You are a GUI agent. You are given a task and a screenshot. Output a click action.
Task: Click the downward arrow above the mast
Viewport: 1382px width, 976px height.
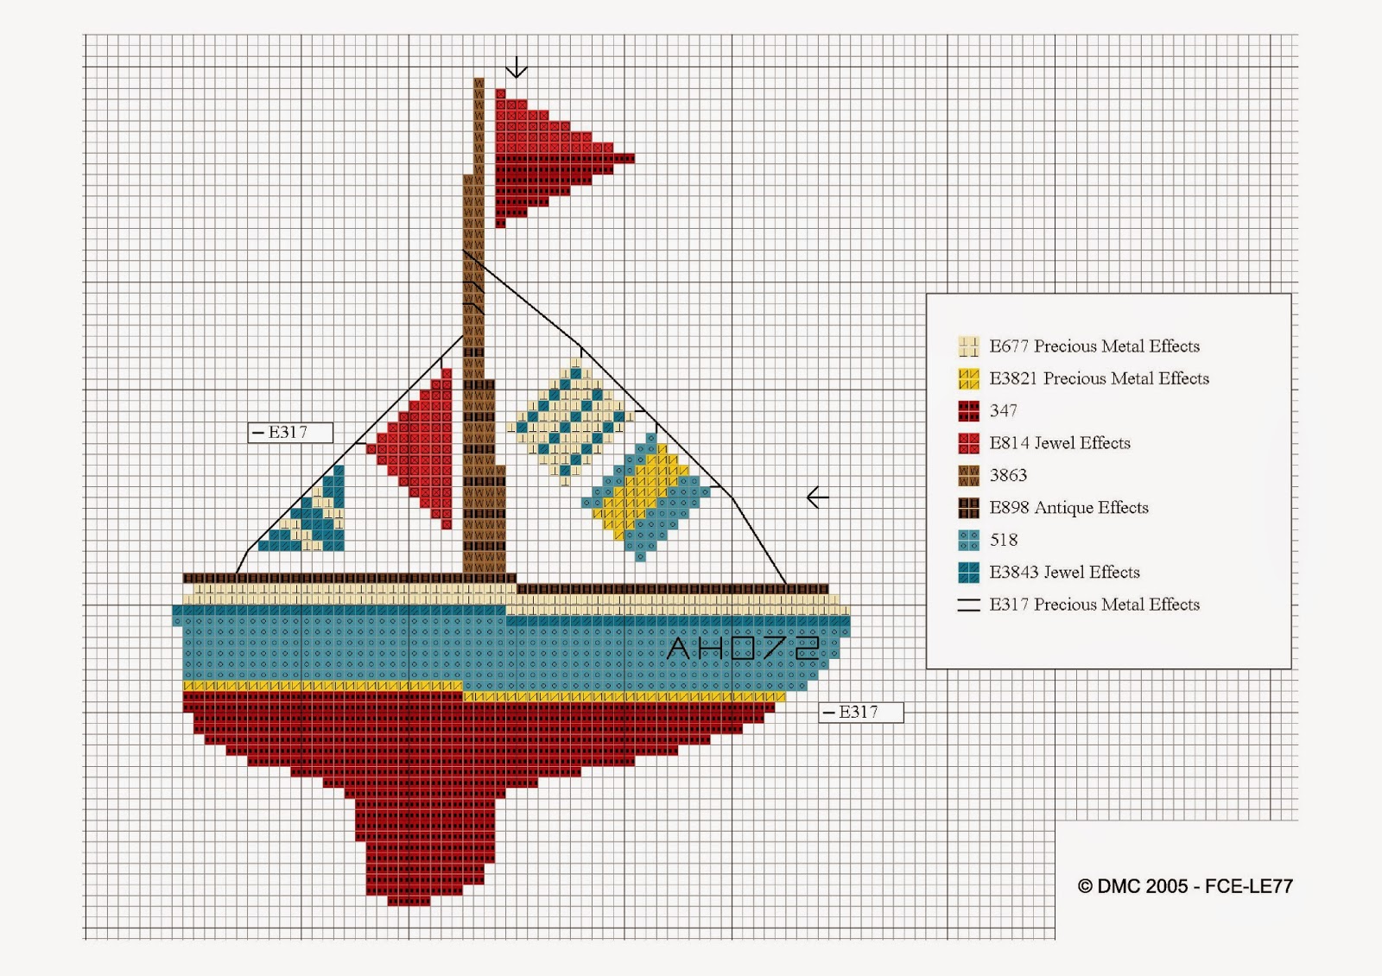tap(517, 67)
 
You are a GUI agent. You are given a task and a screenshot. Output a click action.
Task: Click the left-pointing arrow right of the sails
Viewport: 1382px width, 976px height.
tap(817, 497)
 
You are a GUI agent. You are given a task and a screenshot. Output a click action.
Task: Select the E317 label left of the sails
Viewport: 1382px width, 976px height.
tap(290, 433)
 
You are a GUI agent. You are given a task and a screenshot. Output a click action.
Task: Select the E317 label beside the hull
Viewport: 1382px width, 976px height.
tap(860, 712)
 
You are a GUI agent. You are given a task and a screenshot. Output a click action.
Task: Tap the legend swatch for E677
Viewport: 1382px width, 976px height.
tap(968, 346)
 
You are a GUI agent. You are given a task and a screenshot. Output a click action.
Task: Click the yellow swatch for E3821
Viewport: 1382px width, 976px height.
tap(968, 378)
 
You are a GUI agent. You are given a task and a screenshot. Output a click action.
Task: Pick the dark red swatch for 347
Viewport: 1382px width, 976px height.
tap(968, 411)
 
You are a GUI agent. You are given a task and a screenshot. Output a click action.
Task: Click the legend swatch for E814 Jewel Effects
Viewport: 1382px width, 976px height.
tap(968, 443)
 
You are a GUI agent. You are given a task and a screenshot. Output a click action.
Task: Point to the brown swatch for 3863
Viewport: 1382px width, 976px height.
tap(968, 475)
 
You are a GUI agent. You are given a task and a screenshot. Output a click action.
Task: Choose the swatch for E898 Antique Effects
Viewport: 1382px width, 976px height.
tap(968, 508)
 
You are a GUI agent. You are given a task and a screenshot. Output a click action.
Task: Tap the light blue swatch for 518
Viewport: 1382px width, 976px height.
tap(968, 540)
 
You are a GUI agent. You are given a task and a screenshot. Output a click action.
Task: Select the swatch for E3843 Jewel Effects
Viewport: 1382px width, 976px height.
tap(968, 572)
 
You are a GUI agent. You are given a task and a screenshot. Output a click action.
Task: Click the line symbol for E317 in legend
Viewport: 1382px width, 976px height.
tap(968, 605)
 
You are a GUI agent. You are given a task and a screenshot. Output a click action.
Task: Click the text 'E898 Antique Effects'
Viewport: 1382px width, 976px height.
tap(1068, 508)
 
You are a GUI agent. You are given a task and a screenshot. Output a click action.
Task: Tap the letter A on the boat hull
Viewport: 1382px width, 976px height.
tap(679, 648)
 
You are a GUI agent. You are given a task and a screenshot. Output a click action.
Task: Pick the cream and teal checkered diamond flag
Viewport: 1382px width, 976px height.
tap(570, 421)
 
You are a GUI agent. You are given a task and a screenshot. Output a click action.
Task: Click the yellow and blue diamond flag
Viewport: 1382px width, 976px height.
tap(646, 497)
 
